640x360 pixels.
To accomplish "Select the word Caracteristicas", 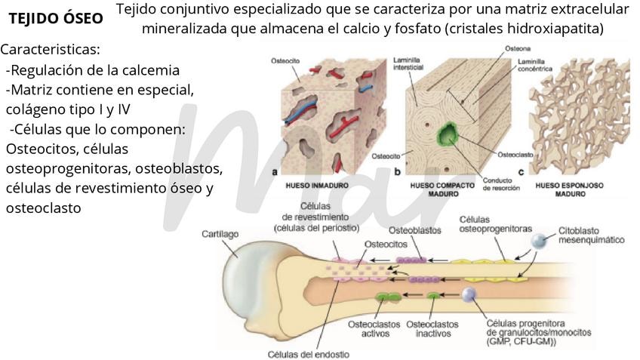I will [51, 50].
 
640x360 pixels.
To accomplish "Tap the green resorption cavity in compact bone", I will [451, 136].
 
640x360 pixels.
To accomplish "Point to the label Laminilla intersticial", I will [408, 62].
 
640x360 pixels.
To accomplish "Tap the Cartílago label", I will [220, 235].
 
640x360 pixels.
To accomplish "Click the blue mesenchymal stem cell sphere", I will [539, 241].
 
